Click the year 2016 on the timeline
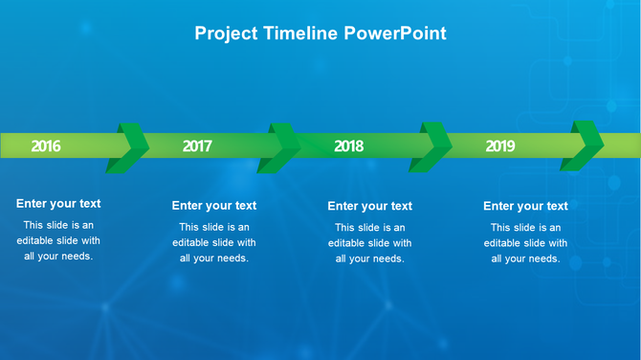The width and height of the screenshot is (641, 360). [x=46, y=146]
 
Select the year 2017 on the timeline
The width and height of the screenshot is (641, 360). [x=197, y=146]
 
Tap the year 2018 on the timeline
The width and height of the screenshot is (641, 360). [x=348, y=146]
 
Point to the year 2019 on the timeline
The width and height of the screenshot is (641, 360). [x=500, y=146]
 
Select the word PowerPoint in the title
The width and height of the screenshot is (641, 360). [x=395, y=34]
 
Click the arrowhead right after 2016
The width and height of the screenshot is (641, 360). [x=130, y=147]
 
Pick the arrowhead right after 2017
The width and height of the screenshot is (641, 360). [x=282, y=147]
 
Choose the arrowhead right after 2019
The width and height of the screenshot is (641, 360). [x=585, y=147]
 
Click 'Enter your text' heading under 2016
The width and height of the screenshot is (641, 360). [x=58, y=203]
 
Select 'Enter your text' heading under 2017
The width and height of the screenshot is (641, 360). [x=214, y=206]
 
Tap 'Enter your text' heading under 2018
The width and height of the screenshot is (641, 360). [x=369, y=206]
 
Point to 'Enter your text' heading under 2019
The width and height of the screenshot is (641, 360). [x=525, y=206]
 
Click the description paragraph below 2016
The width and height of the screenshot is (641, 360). [x=58, y=240]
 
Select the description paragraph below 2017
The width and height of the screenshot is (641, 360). [x=214, y=243]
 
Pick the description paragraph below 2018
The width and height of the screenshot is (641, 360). [x=369, y=243]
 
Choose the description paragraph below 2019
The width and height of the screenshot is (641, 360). [x=525, y=243]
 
